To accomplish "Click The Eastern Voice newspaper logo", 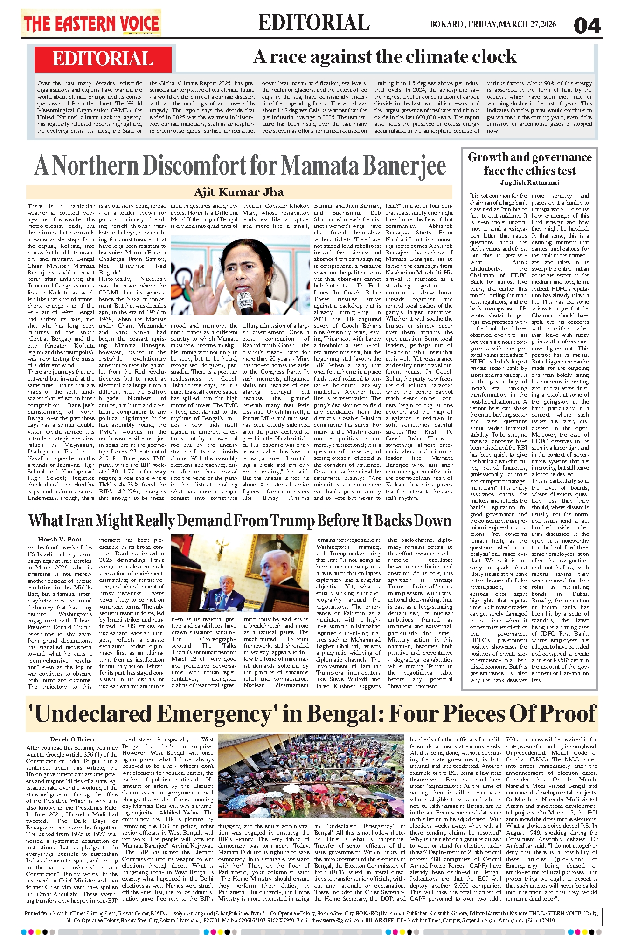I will tap(91, 24).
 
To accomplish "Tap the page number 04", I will tap(587, 25).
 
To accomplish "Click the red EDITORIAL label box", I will tap(103, 59).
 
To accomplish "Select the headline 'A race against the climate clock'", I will tap(385, 57).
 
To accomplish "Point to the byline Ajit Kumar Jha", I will tap(239, 192).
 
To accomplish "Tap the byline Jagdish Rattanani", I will tap(530, 183).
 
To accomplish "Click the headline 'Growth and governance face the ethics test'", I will tap(530, 164).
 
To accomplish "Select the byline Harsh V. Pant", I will tap(60, 539).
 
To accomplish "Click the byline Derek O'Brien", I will tap(72, 739).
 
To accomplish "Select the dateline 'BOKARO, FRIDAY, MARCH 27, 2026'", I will tap(493, 25).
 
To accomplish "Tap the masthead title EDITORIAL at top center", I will tap(314, 23).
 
